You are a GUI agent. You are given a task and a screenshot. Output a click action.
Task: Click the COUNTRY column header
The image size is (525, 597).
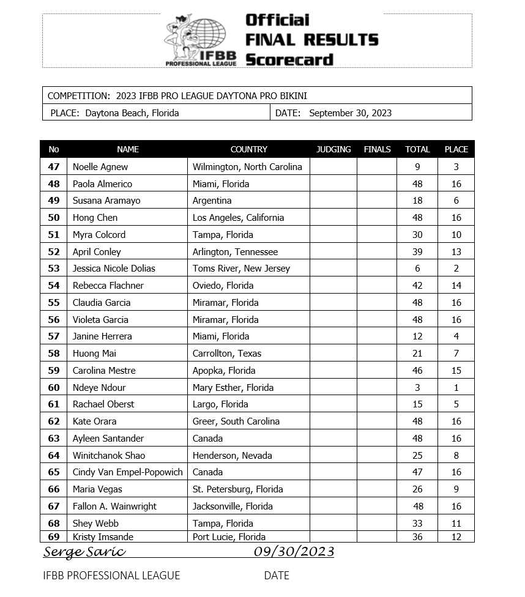pyautogui.click(x=248, y=149)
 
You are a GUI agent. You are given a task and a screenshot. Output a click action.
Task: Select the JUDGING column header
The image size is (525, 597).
pyautogui.click(x=333, y=149)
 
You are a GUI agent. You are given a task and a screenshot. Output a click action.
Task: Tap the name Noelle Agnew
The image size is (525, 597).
pyautogui.click(x=100, y=166)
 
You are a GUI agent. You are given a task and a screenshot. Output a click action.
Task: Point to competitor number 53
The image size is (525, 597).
pyautogui.click(x=54, y=269)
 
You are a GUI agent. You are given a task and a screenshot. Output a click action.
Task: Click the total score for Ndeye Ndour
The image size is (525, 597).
pyautogui.click(x=417, y=387)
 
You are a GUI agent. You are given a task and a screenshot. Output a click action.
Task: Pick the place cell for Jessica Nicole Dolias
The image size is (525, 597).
pyautogui.click(x=456, y=269)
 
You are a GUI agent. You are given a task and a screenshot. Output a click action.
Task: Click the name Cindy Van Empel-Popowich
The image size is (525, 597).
pyautogui.click(x=127, y=472)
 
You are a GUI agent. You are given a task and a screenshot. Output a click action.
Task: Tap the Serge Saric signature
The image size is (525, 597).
pyautogui.click(x=84, y=552)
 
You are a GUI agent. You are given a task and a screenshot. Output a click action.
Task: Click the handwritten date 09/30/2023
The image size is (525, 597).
pyautogui.click(x=294, y=552)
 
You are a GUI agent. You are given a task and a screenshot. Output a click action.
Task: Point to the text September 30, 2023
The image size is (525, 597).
pyautogui.click(x=350, y=113)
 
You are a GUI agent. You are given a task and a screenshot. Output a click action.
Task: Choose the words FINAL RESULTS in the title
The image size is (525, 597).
pyautogui.click(x=311, y=40)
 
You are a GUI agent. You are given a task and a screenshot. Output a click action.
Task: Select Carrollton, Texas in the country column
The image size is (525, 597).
pyautogui.click(x=226, y=354)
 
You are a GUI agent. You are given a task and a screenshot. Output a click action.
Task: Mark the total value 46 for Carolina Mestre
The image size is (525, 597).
pyautogui.click(x=417, y=371)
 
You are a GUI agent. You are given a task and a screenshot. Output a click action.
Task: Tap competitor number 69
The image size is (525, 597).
pyautogui.click(x=54, y=537)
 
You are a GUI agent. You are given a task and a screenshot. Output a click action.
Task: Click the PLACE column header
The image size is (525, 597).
pyautogui.click(x=456, y=149)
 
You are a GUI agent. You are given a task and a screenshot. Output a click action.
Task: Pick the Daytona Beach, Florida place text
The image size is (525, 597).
pyautogui.click(x=132, y=113)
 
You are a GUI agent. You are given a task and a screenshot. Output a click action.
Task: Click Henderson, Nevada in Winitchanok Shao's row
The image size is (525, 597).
pyautogui.click(x=232, y=455)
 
